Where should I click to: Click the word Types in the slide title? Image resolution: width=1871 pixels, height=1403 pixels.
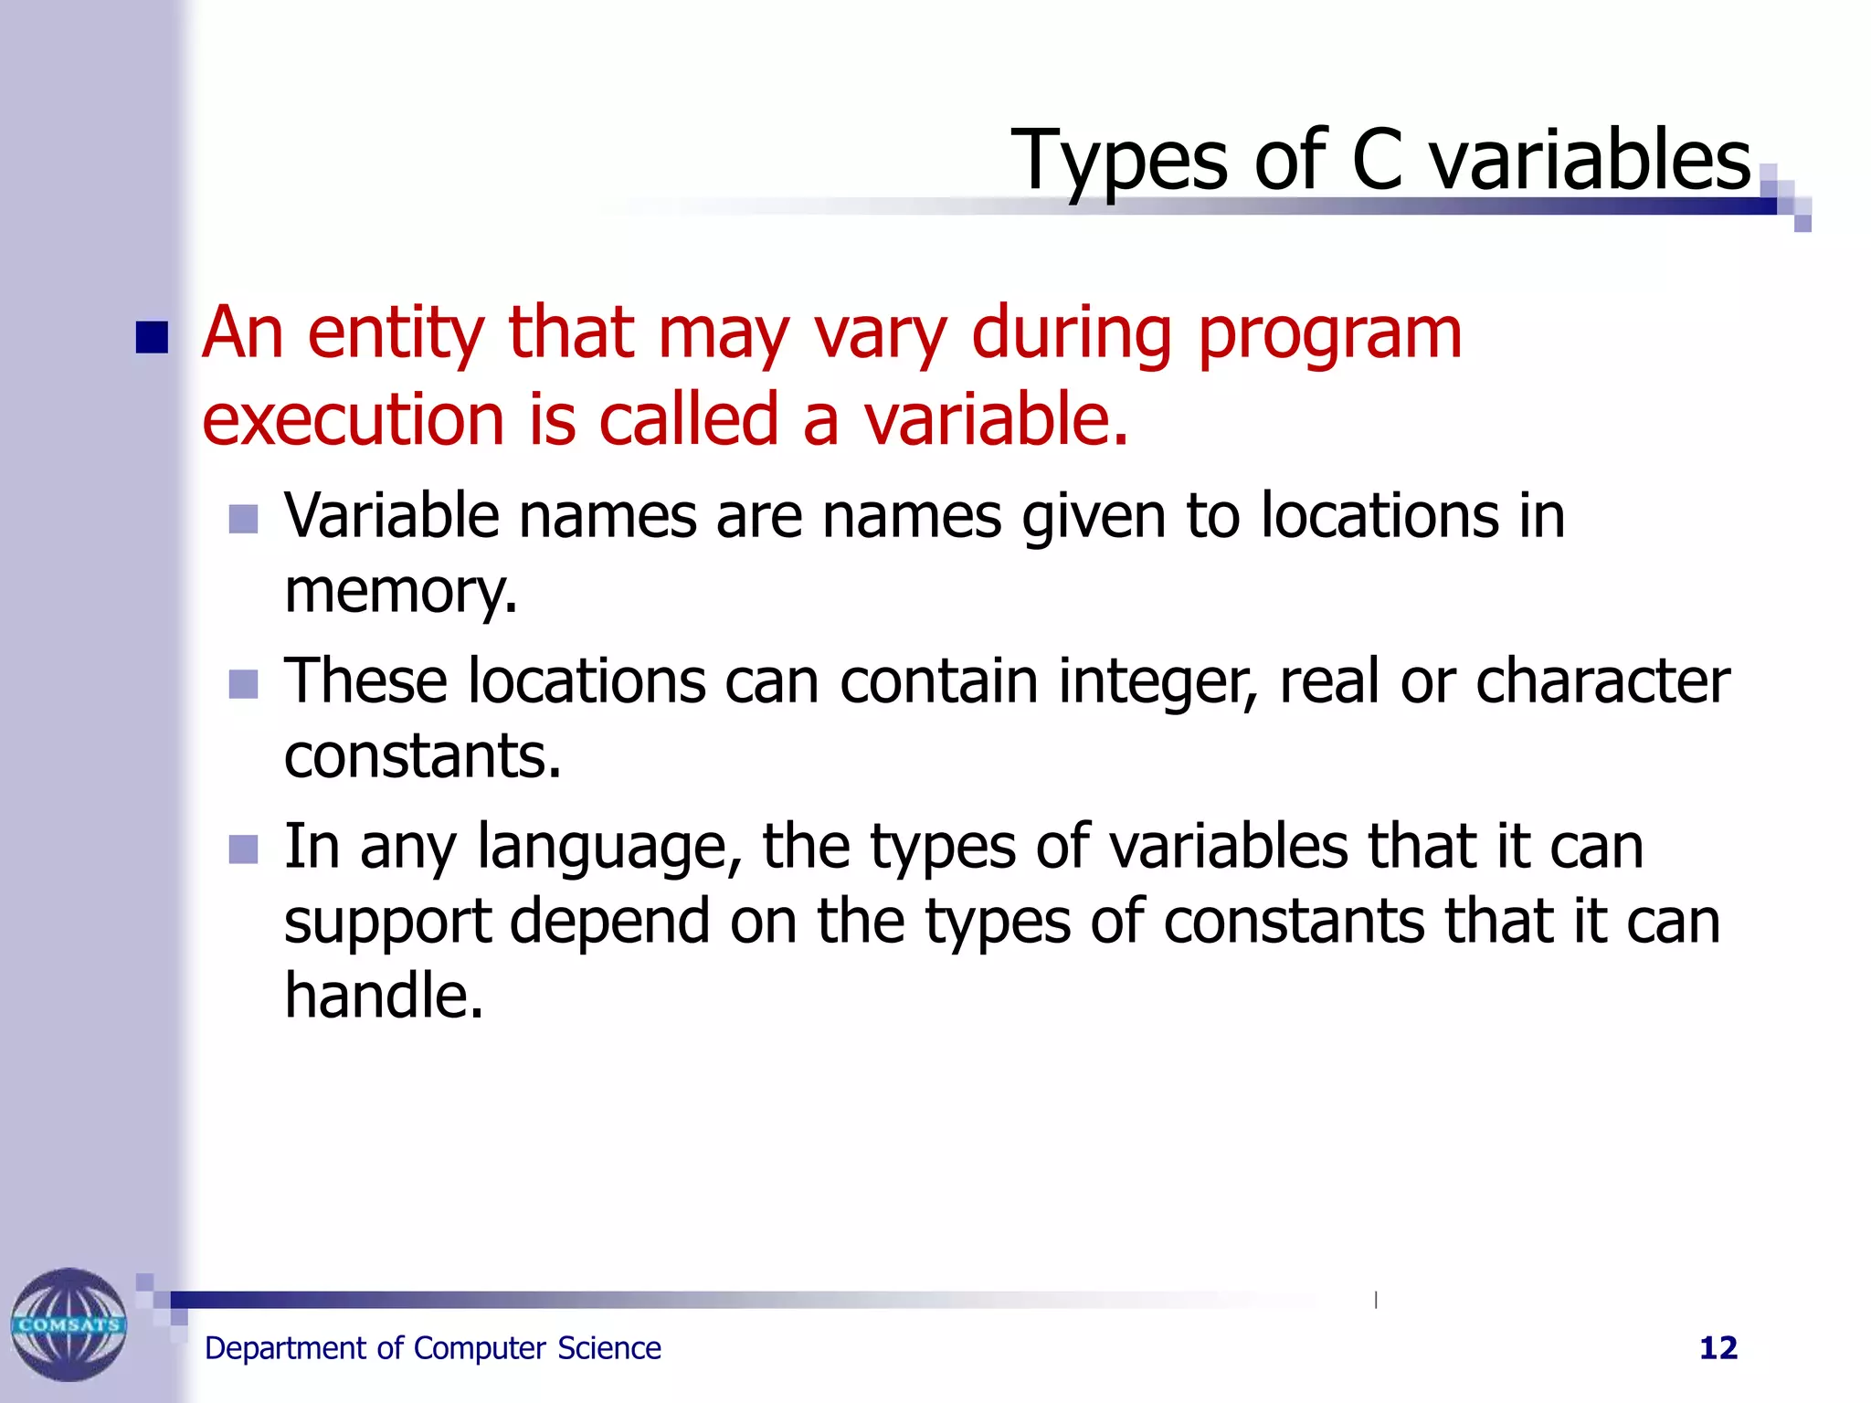click(1118, 162)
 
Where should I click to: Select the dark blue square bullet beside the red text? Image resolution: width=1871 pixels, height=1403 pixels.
click(152, 337)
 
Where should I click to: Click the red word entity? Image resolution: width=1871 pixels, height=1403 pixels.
click(395, 333)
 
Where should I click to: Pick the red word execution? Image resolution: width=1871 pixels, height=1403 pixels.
click(353, 420)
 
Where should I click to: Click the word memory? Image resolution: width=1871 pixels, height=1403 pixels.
click(400, 592)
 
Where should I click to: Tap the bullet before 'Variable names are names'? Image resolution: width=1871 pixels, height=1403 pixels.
click(243, 519)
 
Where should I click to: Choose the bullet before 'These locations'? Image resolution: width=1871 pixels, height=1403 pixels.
click(243, 683)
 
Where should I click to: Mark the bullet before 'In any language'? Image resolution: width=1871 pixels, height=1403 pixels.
click(243, 849)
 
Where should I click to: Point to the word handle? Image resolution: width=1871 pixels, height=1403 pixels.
click(383, 995)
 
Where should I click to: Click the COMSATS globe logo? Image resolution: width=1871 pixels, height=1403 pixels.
click(69, 1324)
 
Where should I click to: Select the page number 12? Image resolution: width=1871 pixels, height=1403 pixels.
click(1718, 1348)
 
